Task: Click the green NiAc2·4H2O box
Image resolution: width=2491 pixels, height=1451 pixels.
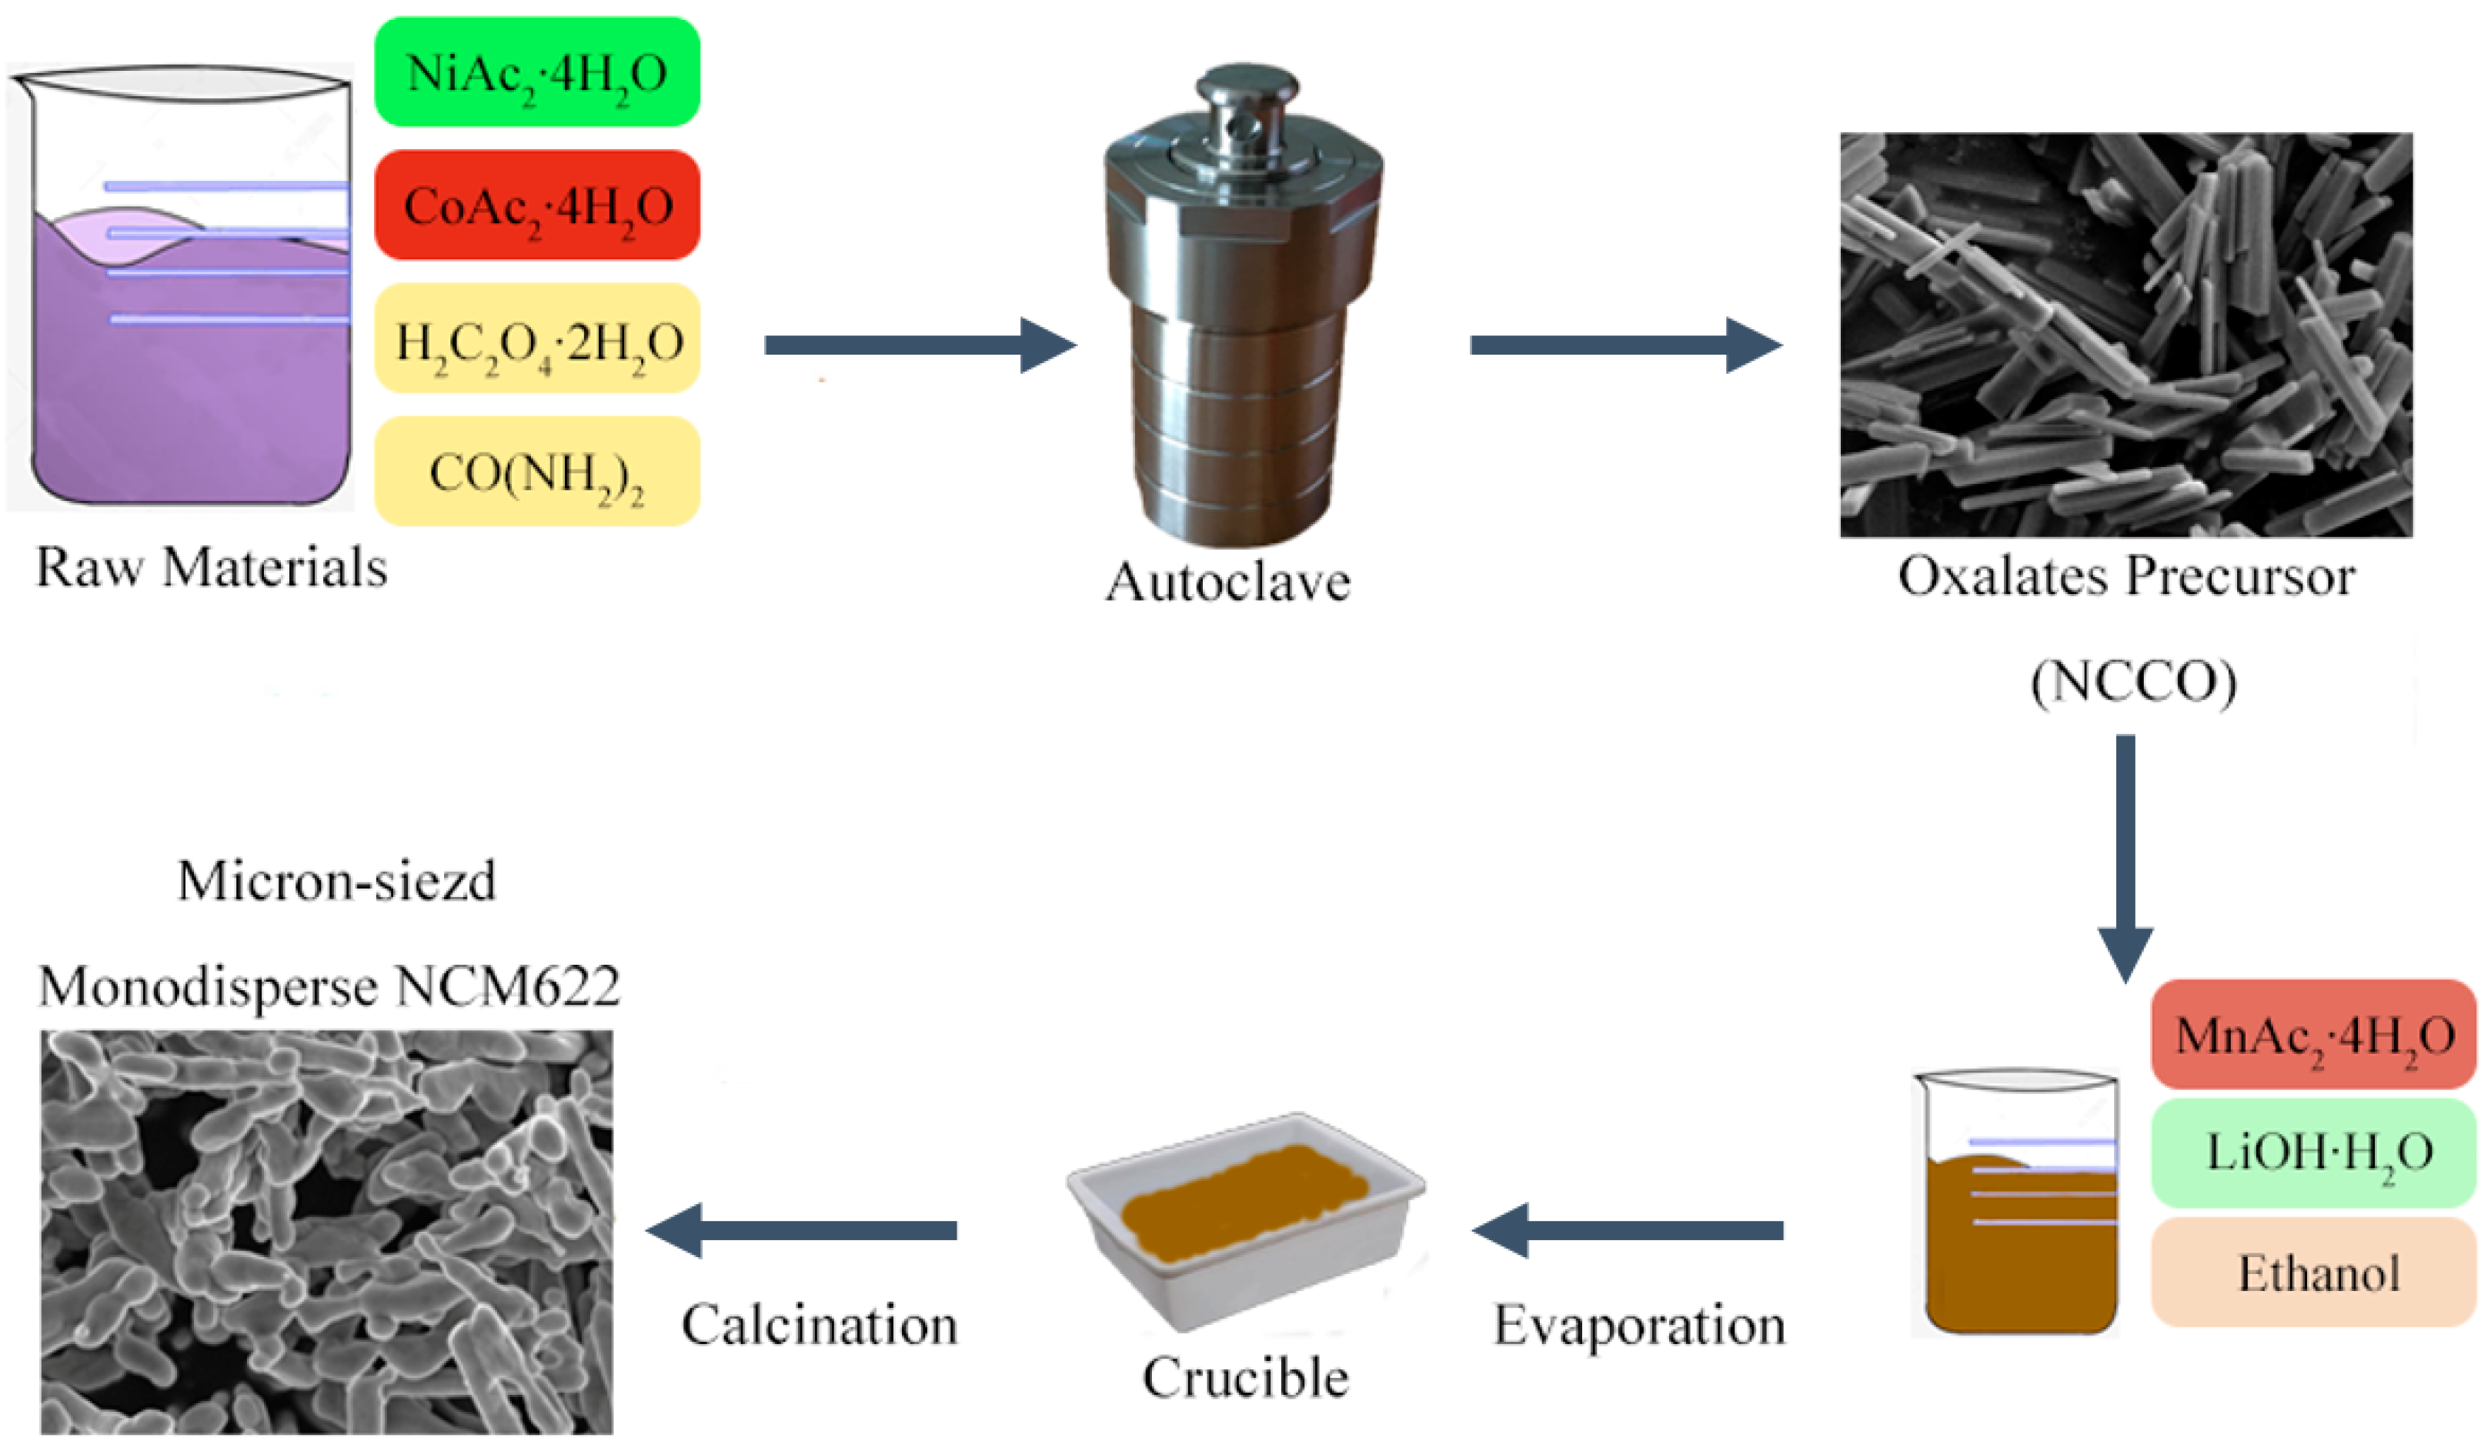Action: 536,72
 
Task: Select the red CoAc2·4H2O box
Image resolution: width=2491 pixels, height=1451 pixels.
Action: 536,205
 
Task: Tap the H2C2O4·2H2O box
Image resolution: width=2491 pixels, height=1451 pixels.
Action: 536,339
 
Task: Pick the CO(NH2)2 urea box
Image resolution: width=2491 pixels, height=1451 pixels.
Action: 536,472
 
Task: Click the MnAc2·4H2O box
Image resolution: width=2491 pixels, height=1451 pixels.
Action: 2313,1035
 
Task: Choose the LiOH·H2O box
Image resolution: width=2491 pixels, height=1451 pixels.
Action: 2313,1152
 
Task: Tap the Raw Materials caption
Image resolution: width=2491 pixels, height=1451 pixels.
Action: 212,569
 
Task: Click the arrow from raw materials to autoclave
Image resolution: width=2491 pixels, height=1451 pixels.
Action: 920,345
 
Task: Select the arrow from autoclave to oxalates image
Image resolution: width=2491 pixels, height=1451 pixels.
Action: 1625,345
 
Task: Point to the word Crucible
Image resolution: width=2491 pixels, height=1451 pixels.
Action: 1245,1377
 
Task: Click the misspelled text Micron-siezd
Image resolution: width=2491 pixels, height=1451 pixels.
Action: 336,881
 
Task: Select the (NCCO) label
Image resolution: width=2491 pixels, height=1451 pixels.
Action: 2133,682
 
